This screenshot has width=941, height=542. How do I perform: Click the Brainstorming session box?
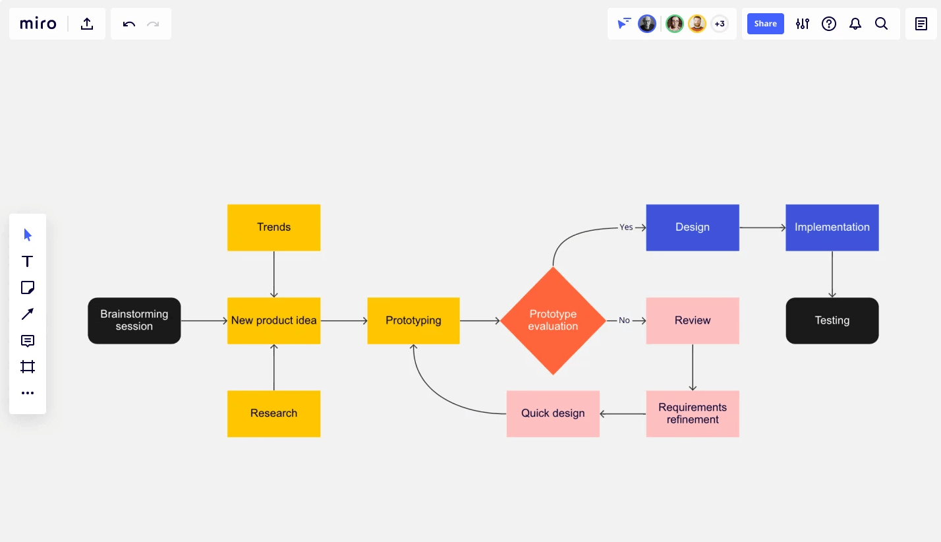coord(134,320)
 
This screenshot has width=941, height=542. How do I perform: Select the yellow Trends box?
coord(273,227)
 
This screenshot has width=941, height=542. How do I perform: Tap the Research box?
coord(273,413)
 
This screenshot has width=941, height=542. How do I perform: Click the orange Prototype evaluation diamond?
coord(553,320)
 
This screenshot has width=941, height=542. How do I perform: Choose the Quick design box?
coord(553,413)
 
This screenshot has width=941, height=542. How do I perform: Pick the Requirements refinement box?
coord(692,413)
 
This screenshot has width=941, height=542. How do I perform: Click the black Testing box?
coord(832,320)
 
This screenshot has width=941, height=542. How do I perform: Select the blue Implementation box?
coord(832,227)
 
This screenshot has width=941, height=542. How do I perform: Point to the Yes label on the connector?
coord(626,227)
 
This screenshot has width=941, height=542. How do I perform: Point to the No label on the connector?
coord(624,320)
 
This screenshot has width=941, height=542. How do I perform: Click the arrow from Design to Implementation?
coord(762,227)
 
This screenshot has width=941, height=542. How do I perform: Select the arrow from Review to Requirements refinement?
coord(693,367)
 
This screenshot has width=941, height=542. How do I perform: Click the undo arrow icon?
coord(129,24)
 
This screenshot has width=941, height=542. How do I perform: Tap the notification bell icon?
coord(855,24)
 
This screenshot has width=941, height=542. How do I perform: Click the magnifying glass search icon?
coord(881,24)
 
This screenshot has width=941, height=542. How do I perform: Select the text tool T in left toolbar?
coord(28,261)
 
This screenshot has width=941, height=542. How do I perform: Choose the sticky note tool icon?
coord(28,287)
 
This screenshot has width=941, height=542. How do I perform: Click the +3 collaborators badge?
coord(720,24)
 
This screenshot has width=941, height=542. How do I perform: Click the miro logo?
coord(38,24)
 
